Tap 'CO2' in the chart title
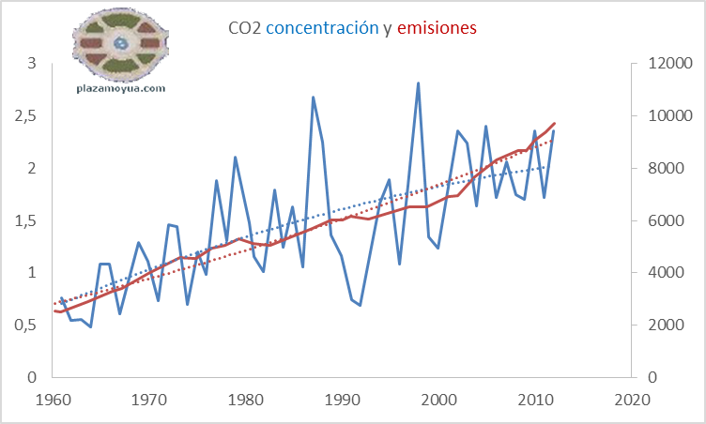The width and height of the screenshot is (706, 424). click(245, 29)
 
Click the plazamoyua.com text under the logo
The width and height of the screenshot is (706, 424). click(120, 89)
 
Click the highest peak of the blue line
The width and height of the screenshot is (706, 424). click(418, 83)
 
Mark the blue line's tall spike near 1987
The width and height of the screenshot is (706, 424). click(313, 97)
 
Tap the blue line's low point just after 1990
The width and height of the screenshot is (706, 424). click(360, 305)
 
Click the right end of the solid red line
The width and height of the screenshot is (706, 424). click(554, 124)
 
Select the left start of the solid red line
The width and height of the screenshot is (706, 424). click(56, 310)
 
